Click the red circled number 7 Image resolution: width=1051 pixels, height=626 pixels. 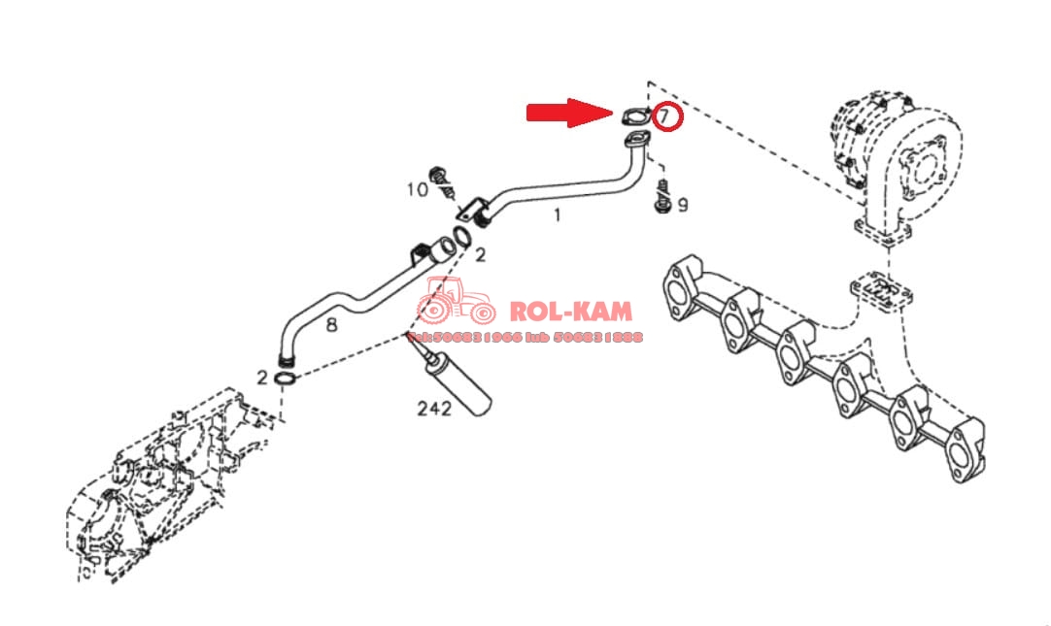pyautogui.click(x=666, y=116)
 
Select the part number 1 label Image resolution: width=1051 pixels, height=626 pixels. pyautogui.click(x=557, y=215)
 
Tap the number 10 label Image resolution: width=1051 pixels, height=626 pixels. pyautogui.click(x=417, y=189)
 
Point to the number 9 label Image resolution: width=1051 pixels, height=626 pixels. pyautogui.click(x=683, y=205)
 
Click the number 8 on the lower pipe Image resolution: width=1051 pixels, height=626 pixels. pyautogui.click(x=331, y=325)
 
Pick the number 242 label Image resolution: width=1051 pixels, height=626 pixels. pyautogui.click(x=433, y=409)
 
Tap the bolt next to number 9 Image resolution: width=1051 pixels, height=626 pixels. pyautogui.click(x=662, y=197)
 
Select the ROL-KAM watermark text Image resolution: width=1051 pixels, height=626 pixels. pyautogui.click(x=571, y=312)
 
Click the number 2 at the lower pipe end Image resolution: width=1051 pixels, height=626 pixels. pyautogui.click(x=262, y=377)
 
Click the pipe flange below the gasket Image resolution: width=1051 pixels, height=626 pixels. pyautogui.click(x=637, y=145)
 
